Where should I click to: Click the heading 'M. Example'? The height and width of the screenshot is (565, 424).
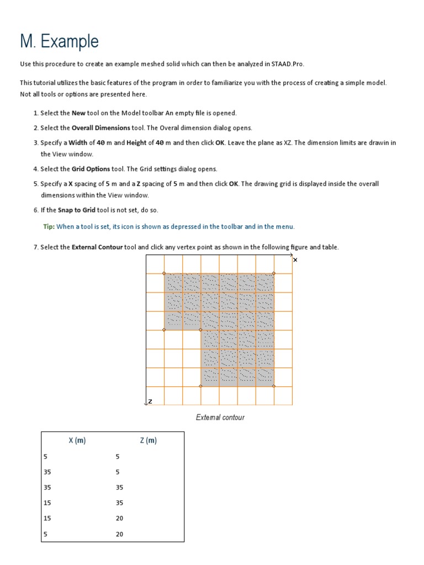point(59,41)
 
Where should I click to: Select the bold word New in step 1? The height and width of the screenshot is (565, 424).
point(78,113)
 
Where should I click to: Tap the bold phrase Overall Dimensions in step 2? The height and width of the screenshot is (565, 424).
point(101,128)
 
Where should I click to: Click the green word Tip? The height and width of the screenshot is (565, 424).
point(49,227)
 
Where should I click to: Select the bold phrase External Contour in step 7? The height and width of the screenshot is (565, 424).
point(97,247)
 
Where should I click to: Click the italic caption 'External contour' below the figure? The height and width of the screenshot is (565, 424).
point(220,418)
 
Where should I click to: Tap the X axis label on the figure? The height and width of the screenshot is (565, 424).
point(295,260)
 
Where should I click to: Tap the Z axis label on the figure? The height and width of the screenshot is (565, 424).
point(150,401)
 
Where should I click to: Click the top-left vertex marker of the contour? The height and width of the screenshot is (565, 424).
point(164,273)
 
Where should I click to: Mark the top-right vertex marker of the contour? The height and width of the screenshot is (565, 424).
point(274,273)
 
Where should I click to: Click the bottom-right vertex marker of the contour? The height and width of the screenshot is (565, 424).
point(274,386)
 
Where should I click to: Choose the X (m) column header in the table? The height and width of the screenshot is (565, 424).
point(77,440)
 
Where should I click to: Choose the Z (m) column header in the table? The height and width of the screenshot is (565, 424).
point(148,440)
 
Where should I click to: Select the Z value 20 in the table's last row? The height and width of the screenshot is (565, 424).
point(119,534)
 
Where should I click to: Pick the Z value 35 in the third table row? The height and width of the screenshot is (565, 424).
point(119,488)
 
